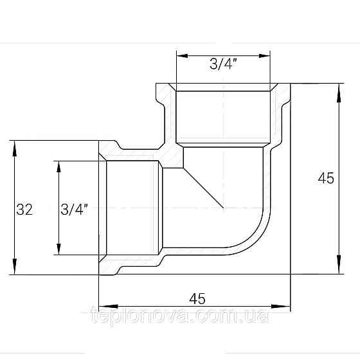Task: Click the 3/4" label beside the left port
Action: click(74, 209)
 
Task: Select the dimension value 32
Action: click(24, 209)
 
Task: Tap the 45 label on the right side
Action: click(326, 179)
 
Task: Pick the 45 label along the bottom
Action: click(197, 298)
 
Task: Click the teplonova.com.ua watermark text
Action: click(180, 318)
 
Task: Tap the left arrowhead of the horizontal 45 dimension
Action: click(104, 305)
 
